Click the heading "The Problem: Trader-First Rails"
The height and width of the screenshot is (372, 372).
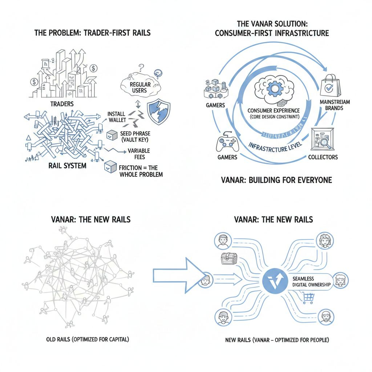pyautogui.click(x=92, y=33)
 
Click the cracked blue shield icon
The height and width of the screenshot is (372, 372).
pyautogui.click(x=158, y=110)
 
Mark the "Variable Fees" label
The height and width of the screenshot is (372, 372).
pyautogui.click(x=137, y=154)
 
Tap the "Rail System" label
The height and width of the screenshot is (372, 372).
pyautogui.click(x=68, y=166)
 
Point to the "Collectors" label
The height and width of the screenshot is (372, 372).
pyautogui.click(x=323, y=157)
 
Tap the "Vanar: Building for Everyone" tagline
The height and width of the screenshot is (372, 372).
pyautogui.click(x=276, y=180)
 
